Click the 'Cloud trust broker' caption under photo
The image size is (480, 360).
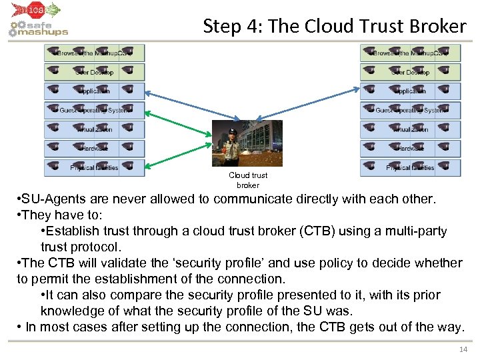[x=248, y=180]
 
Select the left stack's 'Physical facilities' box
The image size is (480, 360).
[x=94, y=167]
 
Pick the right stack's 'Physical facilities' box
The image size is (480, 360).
[x=410, y=167]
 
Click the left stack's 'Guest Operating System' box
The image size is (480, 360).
[x=94, y=110]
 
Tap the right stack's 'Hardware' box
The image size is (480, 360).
[x=410, y=149]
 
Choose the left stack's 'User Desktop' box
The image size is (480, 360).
[x=94, y=72]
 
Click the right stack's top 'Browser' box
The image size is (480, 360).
[x=410, y=53]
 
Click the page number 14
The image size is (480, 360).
[x=464, y=349]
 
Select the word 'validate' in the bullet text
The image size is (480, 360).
[x=103, y=263]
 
